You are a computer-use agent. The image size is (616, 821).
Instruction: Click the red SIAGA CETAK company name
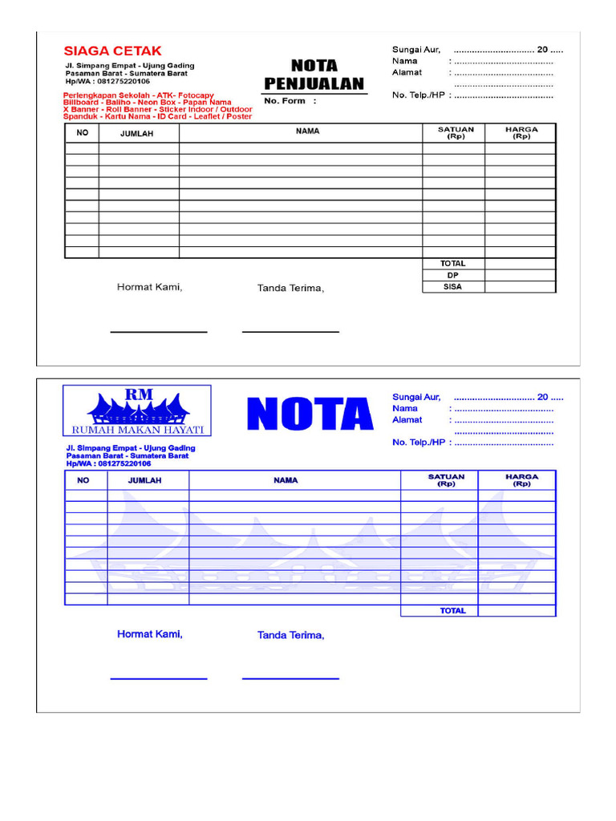pos(112,51)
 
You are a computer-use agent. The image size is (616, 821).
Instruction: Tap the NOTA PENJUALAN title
pos(314,75)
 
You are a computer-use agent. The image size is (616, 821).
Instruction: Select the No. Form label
pos(290,101)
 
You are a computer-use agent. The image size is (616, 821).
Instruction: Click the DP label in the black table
pos(452,275)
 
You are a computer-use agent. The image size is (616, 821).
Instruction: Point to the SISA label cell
pos(452,286)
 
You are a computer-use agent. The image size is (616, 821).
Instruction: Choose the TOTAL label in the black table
pos(452,264)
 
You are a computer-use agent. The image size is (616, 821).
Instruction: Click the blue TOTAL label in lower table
pos(452,611)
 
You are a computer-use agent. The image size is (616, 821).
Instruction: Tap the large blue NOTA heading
pos(310,415)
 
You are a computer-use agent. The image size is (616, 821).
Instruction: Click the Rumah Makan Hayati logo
pos(137,411)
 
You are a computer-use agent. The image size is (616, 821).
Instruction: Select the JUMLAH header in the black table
pos(137,134)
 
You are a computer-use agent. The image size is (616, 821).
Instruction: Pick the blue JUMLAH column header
pos(145,480)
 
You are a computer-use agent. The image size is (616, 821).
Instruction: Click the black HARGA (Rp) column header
pos(521,132)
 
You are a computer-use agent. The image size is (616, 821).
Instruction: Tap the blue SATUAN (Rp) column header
pos(439,479)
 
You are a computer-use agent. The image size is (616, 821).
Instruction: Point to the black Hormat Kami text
pos(149,287)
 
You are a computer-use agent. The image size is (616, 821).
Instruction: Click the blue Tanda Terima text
pos(290,636)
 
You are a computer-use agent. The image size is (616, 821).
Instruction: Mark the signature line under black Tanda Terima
pos(290,331)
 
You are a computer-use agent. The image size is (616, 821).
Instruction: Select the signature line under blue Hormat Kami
pos(158,679)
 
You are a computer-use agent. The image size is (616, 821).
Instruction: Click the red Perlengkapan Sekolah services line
pos(139,95)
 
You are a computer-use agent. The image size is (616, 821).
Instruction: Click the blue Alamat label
pos(407,419)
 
